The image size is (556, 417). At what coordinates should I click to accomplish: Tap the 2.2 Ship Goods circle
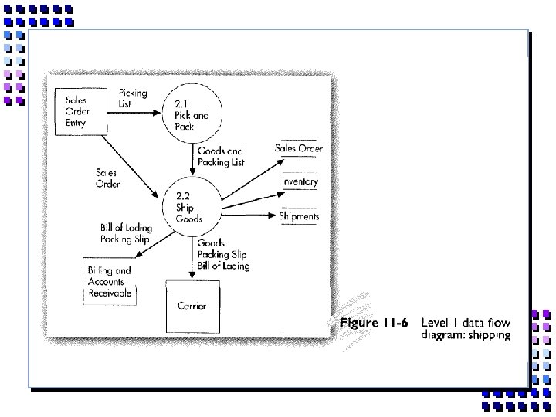[x=190, y=208]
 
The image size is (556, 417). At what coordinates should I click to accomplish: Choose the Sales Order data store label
[x=299, y=148]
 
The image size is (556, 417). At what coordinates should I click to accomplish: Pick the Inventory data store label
[x=300, y=181]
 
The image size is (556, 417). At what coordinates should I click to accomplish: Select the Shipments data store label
[x=299, y=216]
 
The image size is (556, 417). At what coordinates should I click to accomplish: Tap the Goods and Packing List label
[x=221, y=157]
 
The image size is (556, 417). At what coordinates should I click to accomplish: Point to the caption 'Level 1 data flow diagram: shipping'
[x=466, y=328]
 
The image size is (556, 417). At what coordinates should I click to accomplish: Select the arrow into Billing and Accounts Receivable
[x=139, y=243]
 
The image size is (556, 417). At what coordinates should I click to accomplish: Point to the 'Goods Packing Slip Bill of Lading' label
[x=223, y=254]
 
